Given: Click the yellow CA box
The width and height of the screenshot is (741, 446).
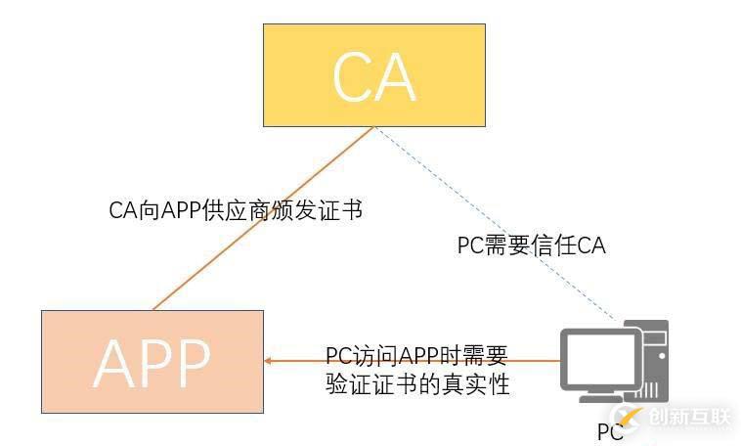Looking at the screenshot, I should coord(374,75).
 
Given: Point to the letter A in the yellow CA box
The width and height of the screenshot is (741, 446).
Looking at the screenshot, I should coord(396,76).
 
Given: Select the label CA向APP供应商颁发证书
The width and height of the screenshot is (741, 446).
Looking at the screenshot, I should coord(236,210).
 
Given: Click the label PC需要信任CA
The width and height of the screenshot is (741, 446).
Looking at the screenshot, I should coord(531,245).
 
